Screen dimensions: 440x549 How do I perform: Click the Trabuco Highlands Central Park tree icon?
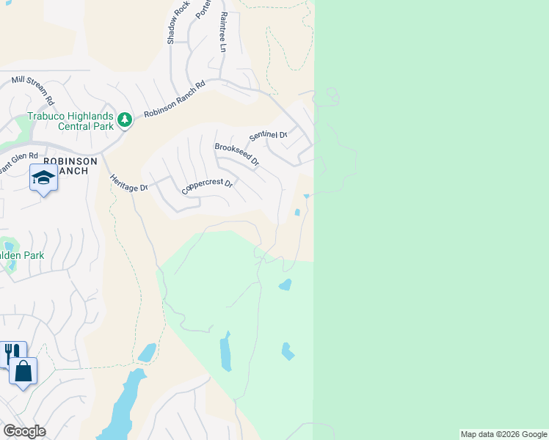tap(125, 119)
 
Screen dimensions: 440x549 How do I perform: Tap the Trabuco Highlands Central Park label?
tap(70, 121)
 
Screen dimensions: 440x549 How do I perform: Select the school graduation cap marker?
tap(43, 177)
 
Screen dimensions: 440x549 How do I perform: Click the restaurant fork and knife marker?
tap(12, 353)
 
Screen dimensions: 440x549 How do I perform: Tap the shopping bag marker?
tap(23, 371)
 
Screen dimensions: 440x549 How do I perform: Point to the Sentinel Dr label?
tap(267, 135)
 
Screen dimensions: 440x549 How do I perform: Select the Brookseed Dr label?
tap(237, 154)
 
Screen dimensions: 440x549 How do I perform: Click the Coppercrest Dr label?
tap(207, 187)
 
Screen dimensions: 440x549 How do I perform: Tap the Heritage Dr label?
tap(128, 182)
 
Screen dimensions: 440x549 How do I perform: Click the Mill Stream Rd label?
tap(33, 88)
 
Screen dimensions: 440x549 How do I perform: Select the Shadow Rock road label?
tap(174, 22)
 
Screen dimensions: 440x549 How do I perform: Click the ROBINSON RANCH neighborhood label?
tap(68, 166)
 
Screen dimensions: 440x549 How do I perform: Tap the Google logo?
tap(24, 431)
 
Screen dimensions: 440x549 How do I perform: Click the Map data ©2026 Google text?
tap(503, 434)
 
